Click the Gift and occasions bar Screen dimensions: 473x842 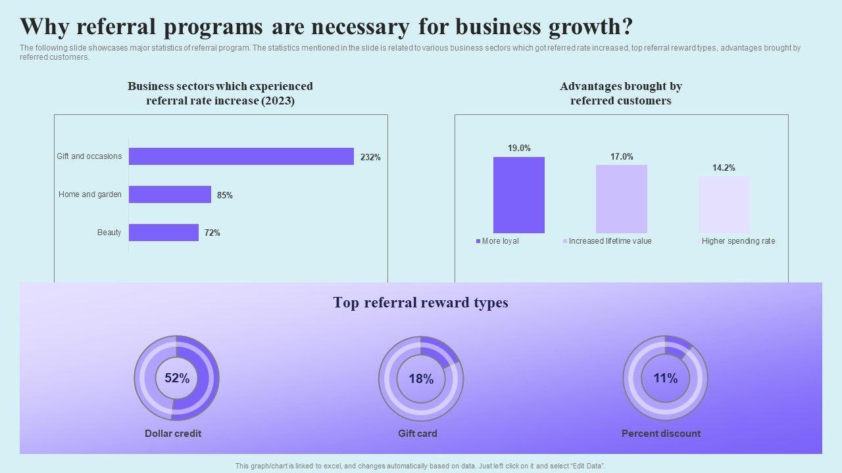tap(241, 156)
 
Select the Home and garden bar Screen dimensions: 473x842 tap(170, 194)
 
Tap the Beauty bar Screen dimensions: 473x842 tap(163, 233)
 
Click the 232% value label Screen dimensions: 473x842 tap(370, 158)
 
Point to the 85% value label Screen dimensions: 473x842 tap(225, 195)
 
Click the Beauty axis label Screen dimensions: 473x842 tap(109, 233)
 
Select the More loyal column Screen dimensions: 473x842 tap(519, 194)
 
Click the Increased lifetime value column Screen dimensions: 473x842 tap(622, 198)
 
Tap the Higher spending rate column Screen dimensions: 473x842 tap(724, 204)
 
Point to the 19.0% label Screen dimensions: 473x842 tap(519, 148)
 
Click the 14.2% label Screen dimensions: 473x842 tap(724, 168)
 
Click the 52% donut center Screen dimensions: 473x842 tap(177, 378)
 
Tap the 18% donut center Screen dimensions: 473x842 tap(421, 379)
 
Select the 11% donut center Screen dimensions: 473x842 tap(665, 378)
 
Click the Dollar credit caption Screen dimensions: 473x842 tap(173, 434)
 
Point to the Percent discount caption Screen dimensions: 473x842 tap(661, 434)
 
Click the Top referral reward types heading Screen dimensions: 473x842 tap(420, 303)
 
